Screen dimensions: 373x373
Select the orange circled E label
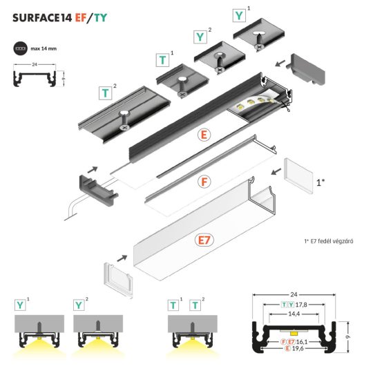203,136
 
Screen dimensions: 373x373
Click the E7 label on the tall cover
203,240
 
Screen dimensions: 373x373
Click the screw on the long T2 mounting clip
125,127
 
